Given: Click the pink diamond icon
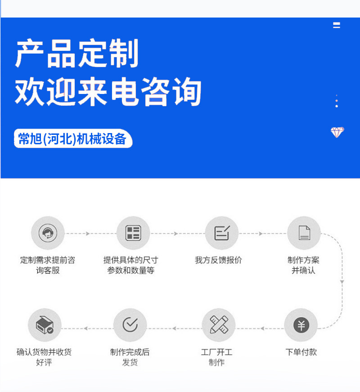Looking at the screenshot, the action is click(337, 132).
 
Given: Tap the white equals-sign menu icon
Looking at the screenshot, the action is click(337, 26).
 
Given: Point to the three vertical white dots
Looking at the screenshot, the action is click(337, 101).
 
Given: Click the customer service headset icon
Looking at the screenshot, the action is click(48, 233).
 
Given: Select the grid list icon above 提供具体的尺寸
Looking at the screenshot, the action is click(133, 233).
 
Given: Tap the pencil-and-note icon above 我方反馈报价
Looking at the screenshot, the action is click(221, 233).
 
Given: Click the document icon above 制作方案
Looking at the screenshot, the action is click(304, 233).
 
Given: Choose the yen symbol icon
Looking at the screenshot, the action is click(301, 325).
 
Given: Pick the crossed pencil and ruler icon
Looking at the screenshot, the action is click(219, 325).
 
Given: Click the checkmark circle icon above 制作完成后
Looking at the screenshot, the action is click(130, 325).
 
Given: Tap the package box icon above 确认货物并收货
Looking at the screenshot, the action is click(45, 325).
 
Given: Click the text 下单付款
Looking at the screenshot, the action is click(301, 352).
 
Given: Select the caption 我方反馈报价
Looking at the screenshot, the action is click(218, 260).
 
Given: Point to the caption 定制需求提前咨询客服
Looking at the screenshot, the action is click(48, 265).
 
